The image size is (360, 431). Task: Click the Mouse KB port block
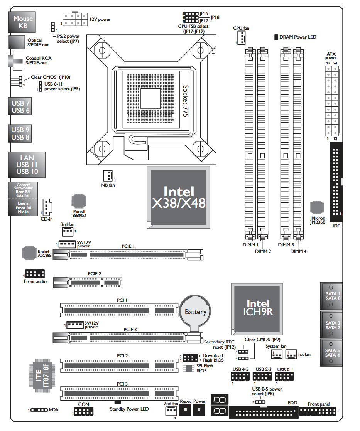click(23, 22)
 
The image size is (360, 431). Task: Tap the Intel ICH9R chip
click(258, 307)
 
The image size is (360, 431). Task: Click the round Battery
click(195, 311)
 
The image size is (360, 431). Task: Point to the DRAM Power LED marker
click(276, 37)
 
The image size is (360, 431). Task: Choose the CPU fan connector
click(241, 38)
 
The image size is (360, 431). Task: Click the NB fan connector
click(108, 176)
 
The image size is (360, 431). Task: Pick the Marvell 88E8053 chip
click(79, 202)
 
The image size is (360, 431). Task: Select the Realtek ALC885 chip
click(29, 253)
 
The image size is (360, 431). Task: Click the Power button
click(199, 409)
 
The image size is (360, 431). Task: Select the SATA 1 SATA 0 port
click(331, 296)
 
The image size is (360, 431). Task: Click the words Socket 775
click(187, 102)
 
